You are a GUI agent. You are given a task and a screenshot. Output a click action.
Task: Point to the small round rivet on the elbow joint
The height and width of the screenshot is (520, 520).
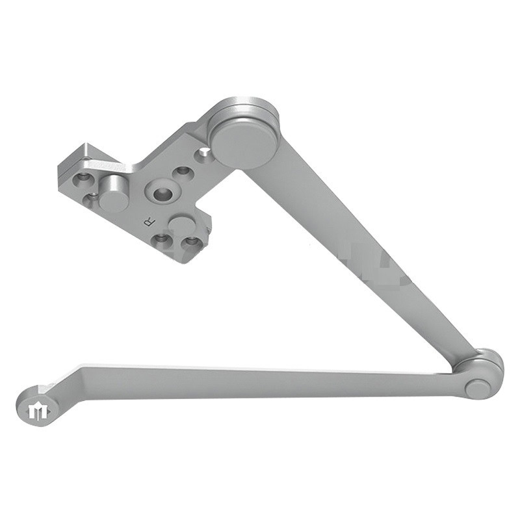[477, 388]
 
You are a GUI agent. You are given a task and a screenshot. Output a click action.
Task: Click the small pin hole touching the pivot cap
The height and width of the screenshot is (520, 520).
[205, 153]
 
